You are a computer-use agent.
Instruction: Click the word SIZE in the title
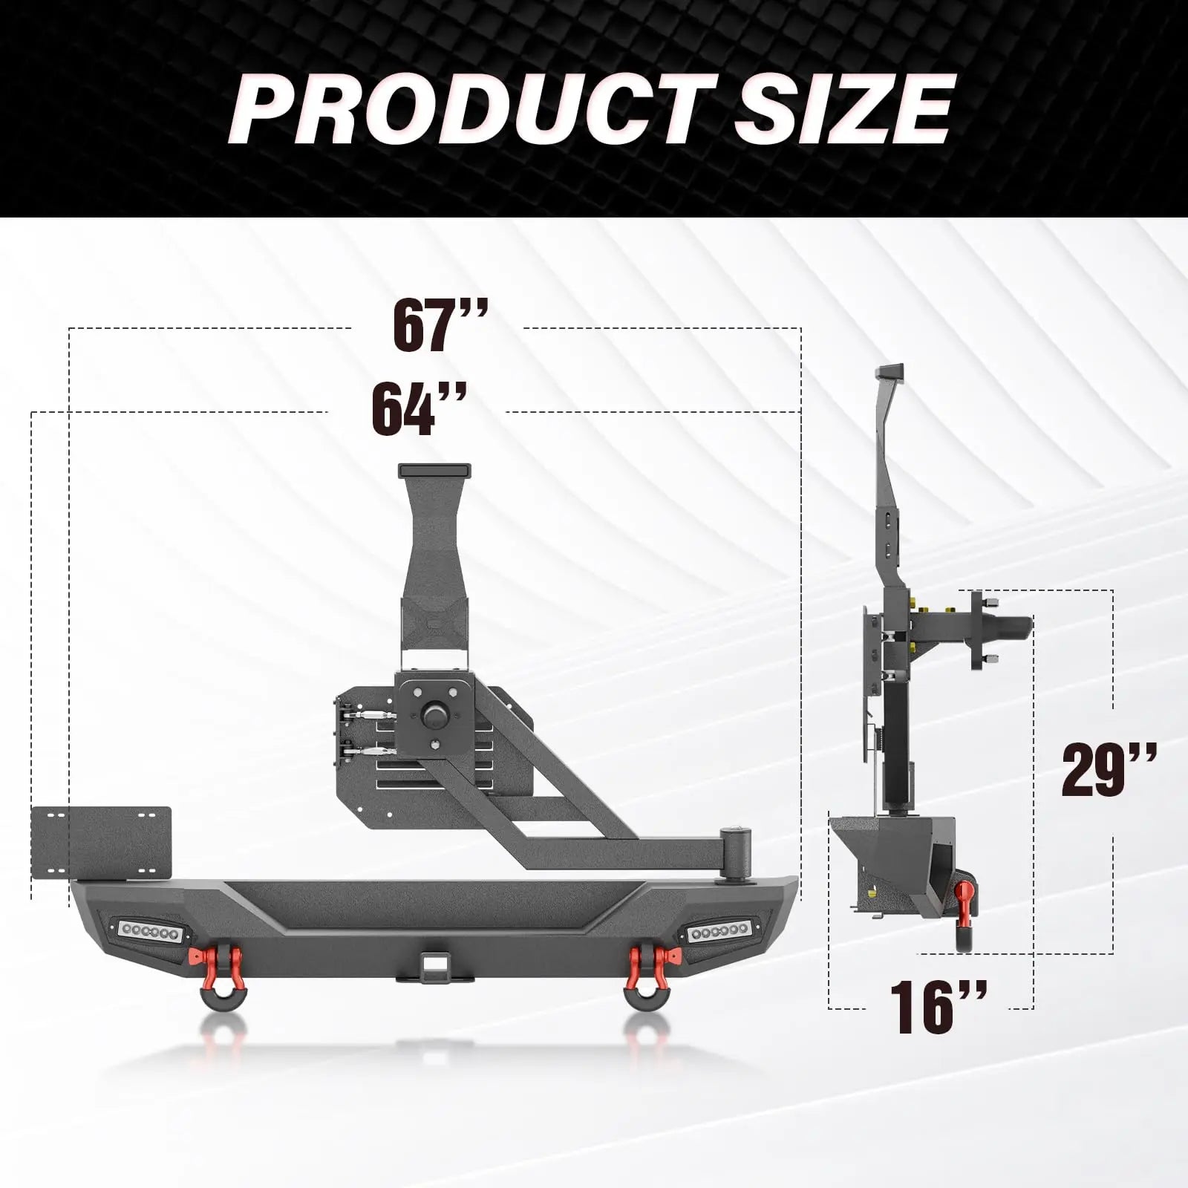[x=843, y=110]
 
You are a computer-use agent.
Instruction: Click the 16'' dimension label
[x=938, y=1007]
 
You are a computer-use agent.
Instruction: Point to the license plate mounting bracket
[x=102, y=843]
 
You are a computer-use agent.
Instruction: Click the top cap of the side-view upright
[x=890, y=371]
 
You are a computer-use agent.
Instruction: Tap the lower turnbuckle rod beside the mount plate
[x=371, y=751]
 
